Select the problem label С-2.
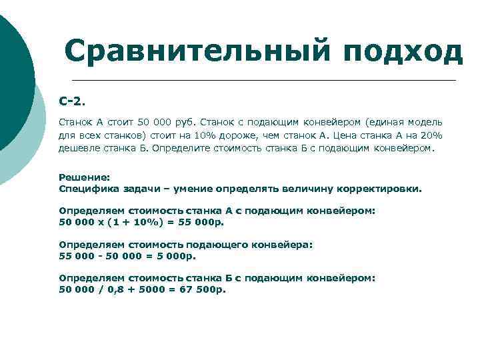pos(72,101)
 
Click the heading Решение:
pos(84,177)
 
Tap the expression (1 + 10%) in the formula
pos(132,221)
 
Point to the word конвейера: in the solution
pos(285,245)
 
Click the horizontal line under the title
pos(260,81)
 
